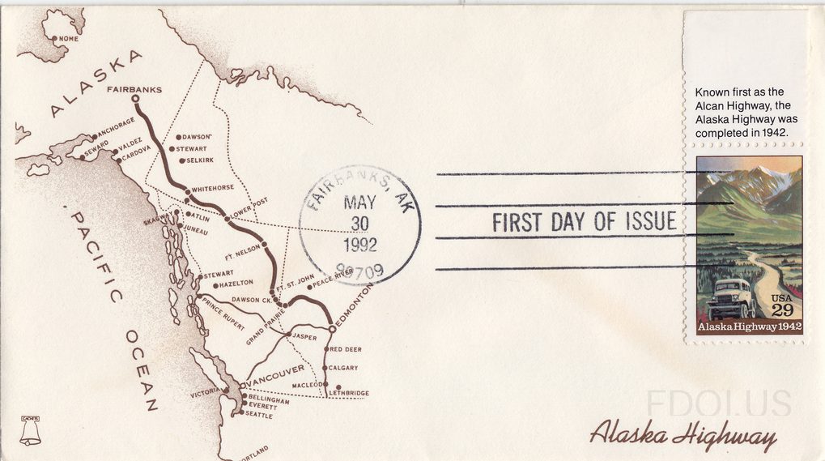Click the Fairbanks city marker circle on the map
135,100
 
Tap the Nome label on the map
67,39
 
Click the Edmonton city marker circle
332,329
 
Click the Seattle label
259,415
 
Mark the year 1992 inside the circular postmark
359,245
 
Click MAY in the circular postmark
359,203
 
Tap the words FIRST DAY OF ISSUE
584,222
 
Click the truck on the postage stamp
732,298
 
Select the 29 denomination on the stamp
782,310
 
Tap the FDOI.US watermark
719,403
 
